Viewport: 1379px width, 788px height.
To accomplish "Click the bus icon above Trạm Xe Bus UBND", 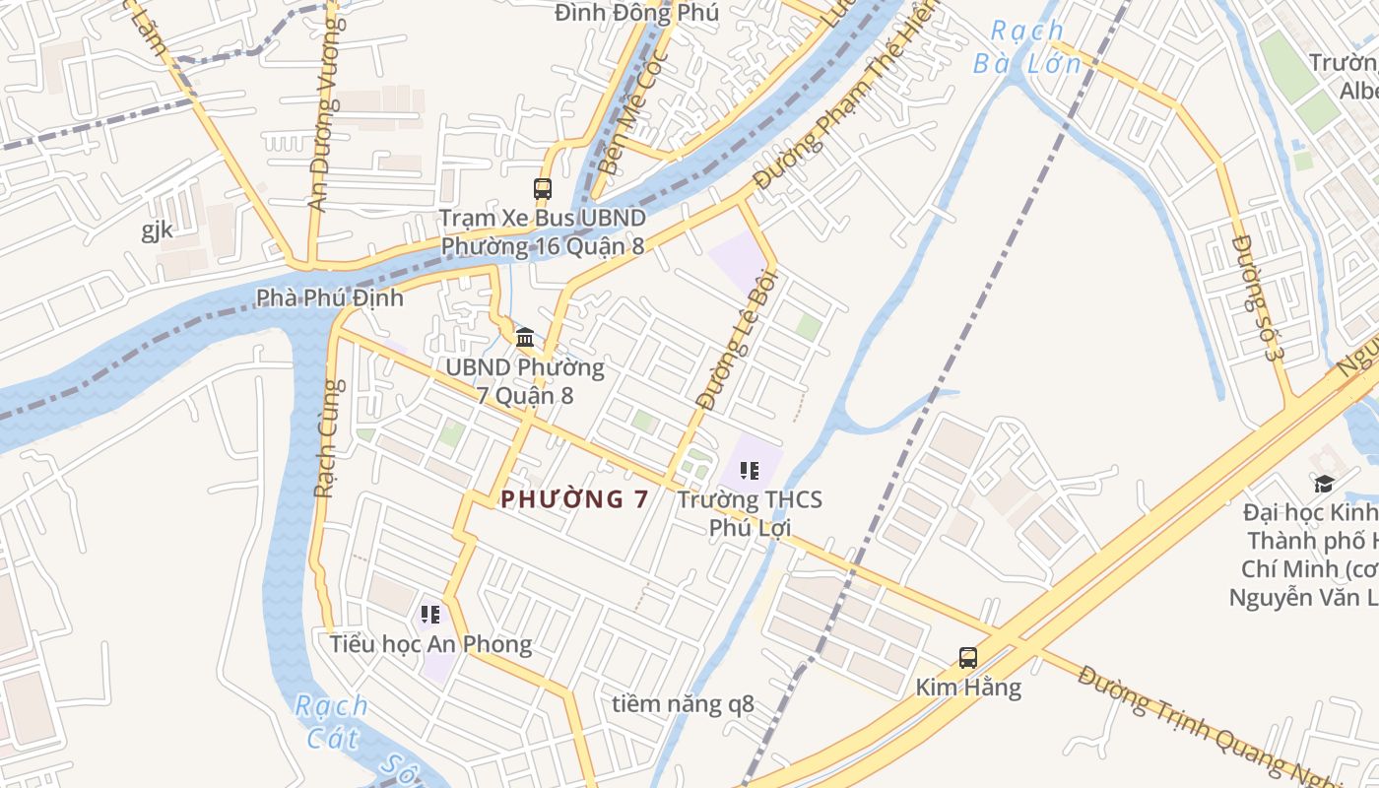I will click(542, 188).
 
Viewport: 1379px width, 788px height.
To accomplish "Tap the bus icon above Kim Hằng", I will click(968, 657).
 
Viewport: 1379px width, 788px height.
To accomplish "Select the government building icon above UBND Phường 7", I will click(525, 337).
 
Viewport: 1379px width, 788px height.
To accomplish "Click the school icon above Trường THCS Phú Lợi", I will click(749, 471).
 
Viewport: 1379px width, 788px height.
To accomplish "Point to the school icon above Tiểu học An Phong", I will click(430, 615).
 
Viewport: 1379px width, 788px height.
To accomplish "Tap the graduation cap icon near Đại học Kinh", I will click(1324, 484).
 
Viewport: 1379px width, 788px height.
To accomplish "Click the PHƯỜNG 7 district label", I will click(574, 499).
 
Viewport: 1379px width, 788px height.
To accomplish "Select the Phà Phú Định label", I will click(329, 297).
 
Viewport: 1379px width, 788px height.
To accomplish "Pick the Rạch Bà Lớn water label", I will click(1027, 48).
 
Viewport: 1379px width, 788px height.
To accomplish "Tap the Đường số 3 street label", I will click(1259, 297).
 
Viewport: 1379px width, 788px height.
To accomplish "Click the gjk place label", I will click(157, 230).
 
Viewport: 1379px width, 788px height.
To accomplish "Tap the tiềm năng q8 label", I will click(683, 704).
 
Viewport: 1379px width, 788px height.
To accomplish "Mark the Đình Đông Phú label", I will click(636, 13).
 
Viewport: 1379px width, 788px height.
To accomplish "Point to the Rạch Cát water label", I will click(332, 721).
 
